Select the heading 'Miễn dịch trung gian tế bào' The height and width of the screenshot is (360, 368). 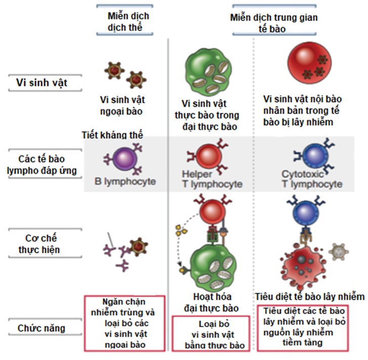[x=274, y=23]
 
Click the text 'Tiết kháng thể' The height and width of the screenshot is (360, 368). [x=112, y=135]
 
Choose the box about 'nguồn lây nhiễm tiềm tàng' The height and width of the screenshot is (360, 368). [x=304, y=327]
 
